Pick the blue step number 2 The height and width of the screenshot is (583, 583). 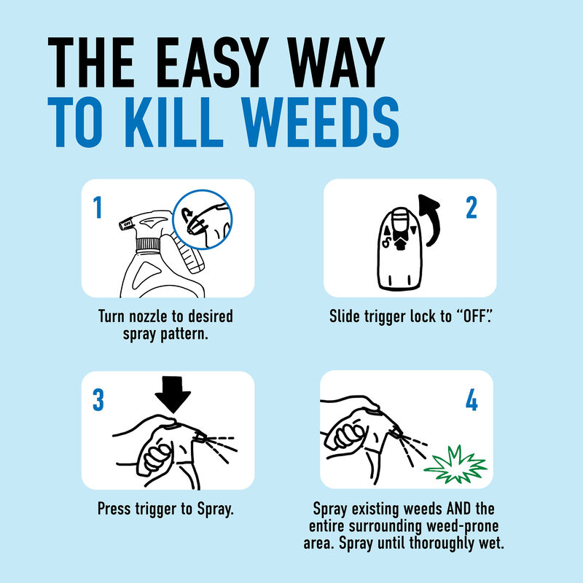coord(471,208)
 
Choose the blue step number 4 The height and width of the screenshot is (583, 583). coord(471,401)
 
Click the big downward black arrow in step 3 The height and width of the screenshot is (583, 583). coord(173,397)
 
